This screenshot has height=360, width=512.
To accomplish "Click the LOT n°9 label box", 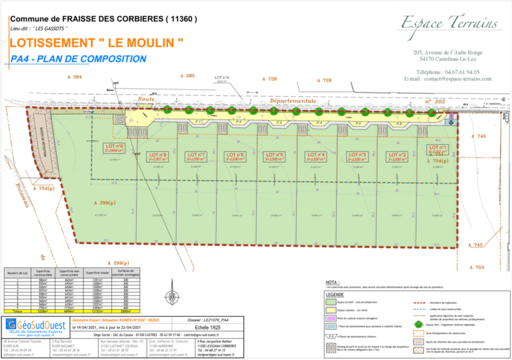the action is pos(115,148).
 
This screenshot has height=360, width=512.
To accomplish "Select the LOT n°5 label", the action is pos(275,157).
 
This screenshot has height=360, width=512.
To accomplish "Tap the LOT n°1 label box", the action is pos(437,149).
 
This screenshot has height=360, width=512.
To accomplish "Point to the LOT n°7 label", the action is pos(196,157).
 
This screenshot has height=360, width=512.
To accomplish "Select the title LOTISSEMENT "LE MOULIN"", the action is pos(97,43).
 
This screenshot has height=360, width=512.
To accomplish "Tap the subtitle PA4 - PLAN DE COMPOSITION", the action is pos(79,59).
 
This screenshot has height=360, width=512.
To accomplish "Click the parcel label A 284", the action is pos(75,77).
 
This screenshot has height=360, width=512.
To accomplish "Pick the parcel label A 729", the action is pos(323,80).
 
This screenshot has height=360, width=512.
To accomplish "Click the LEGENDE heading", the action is pos(335,294).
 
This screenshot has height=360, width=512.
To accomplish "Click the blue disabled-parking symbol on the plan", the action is pos(450,122).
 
